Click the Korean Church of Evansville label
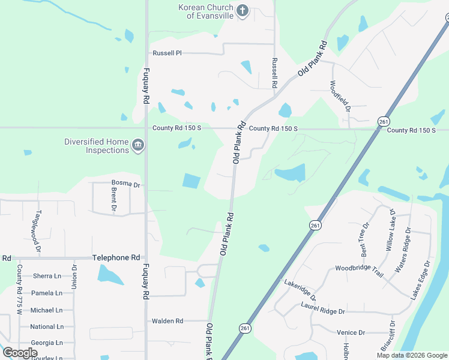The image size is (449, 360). [204, 11]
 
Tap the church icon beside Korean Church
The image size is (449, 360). [242, 11]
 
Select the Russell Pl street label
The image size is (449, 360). [167, 53]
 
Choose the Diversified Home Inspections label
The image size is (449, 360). [97, 146]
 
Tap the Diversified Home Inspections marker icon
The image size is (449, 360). [138, 145]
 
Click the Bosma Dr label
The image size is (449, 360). [125, 184]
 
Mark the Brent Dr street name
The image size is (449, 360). [113, 199]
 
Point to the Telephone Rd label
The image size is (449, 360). [119, 257]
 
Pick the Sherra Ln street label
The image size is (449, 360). [47, 276]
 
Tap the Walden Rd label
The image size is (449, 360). [167, 321]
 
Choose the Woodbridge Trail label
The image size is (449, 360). [359, 271]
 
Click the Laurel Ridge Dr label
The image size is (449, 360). [323, 311]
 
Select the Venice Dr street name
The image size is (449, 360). [351, 332]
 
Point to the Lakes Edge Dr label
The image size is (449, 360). [420, 280]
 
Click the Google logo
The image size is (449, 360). [19, 353]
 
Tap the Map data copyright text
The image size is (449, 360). [411, 355]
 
